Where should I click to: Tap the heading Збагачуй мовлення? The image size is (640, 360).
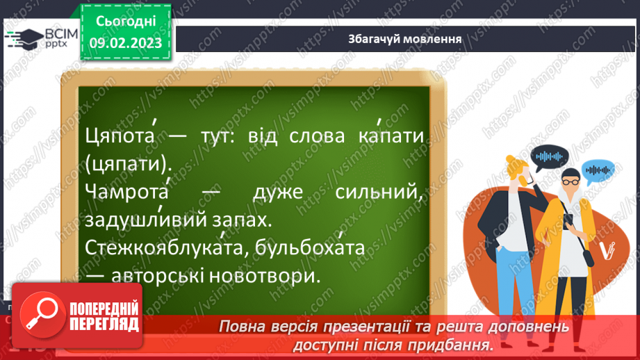pyautogui.click(x=406, y=38)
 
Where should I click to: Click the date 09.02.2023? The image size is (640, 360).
pyautogui.click(x=125, y=43)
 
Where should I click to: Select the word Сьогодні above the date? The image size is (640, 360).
pyautogui.click(x=125, y=21)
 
